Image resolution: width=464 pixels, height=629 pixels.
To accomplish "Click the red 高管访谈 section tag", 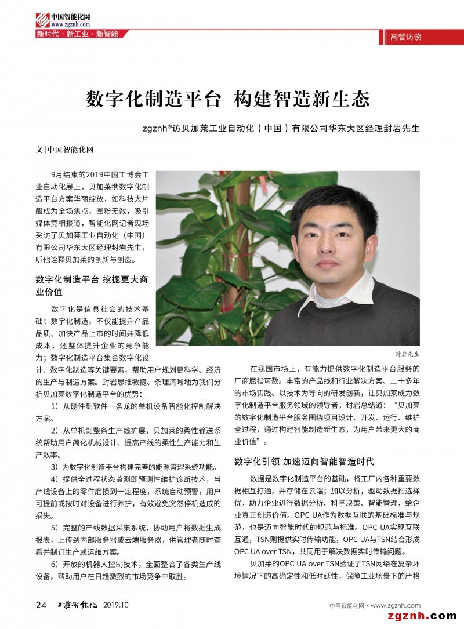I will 405,37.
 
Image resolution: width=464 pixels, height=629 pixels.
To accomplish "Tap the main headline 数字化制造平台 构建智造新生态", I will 228,99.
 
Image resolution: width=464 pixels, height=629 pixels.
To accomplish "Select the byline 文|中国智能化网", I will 64,149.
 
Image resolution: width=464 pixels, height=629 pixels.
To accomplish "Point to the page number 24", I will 41,605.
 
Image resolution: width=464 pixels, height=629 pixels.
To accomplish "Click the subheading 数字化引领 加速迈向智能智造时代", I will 304,461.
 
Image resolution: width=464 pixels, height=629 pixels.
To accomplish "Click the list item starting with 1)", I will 128,412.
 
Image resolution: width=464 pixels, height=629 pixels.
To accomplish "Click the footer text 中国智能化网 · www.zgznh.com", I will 375,606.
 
